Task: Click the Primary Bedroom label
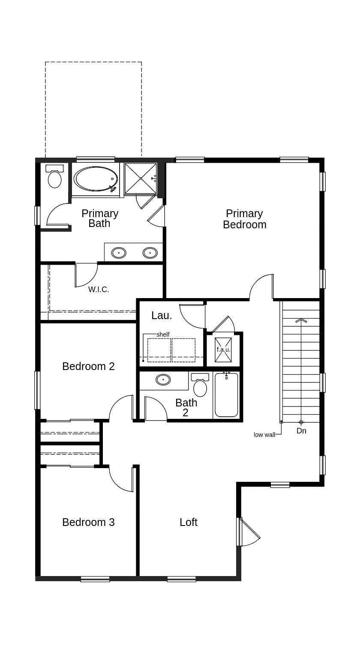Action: pos(244,219)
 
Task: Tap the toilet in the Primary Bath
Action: pos(54,177)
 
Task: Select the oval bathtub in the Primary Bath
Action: pos(96,179)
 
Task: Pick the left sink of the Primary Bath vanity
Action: pos(119,253)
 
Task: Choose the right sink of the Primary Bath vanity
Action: pos(150,253)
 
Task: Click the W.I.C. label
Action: pos(99,290)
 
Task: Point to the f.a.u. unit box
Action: pos(223,349)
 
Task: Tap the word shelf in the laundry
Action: pos(163,334)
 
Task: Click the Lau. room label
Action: pos(162,316)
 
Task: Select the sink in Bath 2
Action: pos(163,380)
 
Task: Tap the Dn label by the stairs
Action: pos(301,431)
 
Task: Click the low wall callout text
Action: pos(264,435)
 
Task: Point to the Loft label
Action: pos(189,522)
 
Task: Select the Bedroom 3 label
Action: pos(88,522)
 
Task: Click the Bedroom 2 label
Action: pos(88,366)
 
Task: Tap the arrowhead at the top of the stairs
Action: pos(301,320)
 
